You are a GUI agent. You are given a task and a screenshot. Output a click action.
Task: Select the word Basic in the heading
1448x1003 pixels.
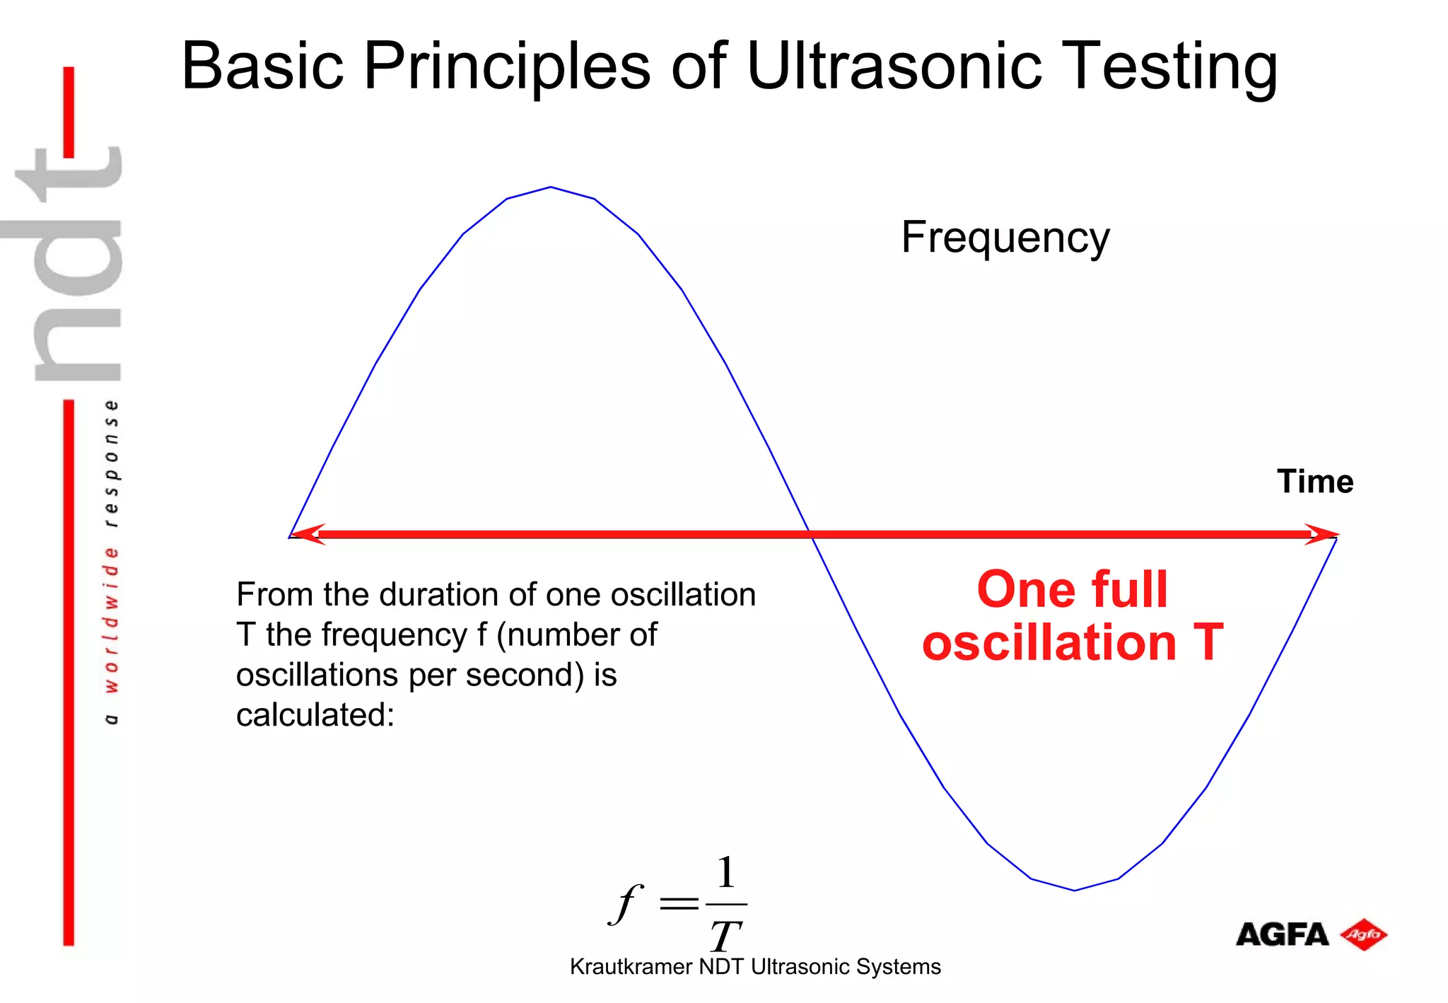(x=262, y=66)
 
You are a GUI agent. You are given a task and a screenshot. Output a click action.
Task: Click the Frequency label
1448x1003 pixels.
(x=1005, y=238)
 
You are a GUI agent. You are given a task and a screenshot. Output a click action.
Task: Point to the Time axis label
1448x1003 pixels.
(x=1314, y=482)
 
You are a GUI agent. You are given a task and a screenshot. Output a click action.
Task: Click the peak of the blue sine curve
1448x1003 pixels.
(x=551, y=187)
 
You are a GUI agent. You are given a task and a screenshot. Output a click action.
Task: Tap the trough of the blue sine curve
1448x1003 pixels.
(x=1074, y=890)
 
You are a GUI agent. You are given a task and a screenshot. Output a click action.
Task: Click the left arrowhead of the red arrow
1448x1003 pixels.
(x=305, y=534)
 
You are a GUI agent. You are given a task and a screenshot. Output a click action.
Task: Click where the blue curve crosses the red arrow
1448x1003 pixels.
(x=810, y=534)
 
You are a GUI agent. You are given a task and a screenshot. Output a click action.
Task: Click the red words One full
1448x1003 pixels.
(x=1071, y=589)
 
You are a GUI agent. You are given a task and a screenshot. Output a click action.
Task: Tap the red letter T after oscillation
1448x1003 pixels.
(x=1208, y=642)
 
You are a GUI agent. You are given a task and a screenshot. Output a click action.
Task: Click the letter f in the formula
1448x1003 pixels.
(x=626, y=903)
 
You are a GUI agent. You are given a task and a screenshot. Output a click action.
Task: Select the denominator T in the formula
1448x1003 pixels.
(x=725, y=935)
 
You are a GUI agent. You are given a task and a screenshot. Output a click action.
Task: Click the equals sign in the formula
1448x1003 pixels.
(x=678, y=903)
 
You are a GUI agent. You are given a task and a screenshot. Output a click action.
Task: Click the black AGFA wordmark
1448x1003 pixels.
(x=1281, y=935)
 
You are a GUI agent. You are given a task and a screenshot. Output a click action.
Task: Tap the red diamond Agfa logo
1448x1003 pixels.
(x=1364, y=934)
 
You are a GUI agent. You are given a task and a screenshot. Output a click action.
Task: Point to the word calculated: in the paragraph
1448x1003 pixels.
(x=315, y=714)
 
